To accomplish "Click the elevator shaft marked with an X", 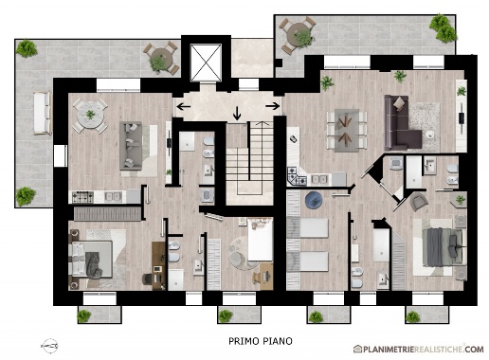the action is click(206, 63).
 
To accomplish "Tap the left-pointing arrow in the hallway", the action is click(183, 106).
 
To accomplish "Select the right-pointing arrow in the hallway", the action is click(273, 106).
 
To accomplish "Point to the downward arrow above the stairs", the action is click(237, 114).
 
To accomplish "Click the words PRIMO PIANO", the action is click(261, 341).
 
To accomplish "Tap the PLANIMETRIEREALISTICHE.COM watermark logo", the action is click(419, 349).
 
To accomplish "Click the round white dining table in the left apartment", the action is click(90, 115).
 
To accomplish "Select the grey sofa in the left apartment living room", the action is click(131, 146).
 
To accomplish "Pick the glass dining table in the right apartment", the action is click(347, 130).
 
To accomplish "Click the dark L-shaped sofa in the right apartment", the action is click(401, 125).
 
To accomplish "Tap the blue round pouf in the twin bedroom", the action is click(314, 200).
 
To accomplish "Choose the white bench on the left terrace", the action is click(42, 113).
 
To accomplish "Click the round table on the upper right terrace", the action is click(298, 34).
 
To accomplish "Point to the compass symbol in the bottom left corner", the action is click(49, 346).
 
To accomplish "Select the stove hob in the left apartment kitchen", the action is click(82, 197).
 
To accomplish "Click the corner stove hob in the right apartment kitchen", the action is click(297, 177).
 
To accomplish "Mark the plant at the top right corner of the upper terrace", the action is click(444, 28).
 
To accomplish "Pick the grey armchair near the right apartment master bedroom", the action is click(418, 202).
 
